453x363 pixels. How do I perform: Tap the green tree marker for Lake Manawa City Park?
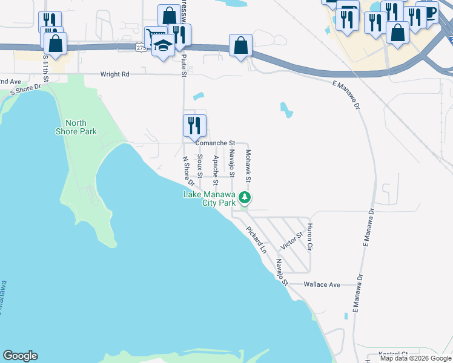245,197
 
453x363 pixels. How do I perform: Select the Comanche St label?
214,143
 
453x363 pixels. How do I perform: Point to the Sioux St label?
200,165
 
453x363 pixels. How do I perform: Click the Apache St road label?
215,166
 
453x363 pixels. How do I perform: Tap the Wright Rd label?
115,75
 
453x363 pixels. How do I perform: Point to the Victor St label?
291,241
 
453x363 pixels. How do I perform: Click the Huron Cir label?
309,237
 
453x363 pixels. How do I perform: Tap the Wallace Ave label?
322,284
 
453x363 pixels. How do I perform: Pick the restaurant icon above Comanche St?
194,125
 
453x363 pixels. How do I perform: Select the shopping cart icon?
152,36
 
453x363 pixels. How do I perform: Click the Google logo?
20,356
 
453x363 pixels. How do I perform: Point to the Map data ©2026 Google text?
416,358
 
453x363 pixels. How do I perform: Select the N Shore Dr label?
188,171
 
